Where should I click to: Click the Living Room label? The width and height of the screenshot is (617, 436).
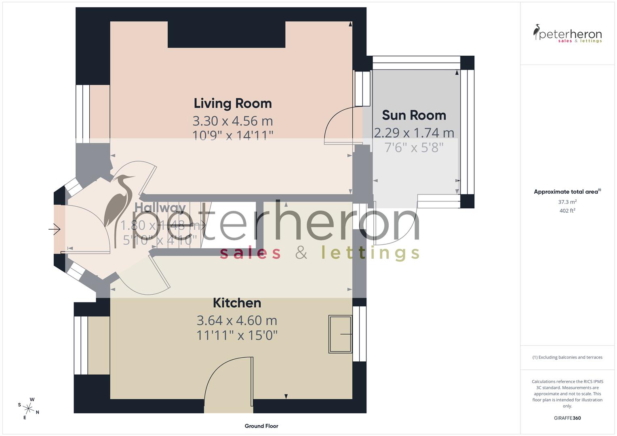coord(233,103)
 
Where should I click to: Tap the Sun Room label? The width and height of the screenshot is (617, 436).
coord(414,115)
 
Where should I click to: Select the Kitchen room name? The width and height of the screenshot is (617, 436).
coord(237,303)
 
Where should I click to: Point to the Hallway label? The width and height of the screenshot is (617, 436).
coord(160,208)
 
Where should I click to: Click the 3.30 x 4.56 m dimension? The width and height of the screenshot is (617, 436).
coord(233,121)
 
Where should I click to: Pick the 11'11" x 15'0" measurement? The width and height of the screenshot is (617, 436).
coord(237,335)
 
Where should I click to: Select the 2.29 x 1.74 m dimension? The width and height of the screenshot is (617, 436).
coord(414,133)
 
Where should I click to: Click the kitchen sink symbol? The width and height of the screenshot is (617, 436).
coord(340,334)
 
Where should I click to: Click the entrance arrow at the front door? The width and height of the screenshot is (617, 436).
coord(55,230)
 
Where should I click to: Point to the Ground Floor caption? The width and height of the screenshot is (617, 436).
coord(261,426)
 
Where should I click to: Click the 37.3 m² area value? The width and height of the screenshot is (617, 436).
coord(567,202)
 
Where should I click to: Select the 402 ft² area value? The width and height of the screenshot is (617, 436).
coord(567,211)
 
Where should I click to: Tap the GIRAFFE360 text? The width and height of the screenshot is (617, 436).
coord(567,418)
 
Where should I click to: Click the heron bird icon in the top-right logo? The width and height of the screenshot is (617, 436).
coord(537,32)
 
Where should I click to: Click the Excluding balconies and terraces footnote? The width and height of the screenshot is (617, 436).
coord(567,357)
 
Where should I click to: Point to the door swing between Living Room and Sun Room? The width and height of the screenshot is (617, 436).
coord(339,125)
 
